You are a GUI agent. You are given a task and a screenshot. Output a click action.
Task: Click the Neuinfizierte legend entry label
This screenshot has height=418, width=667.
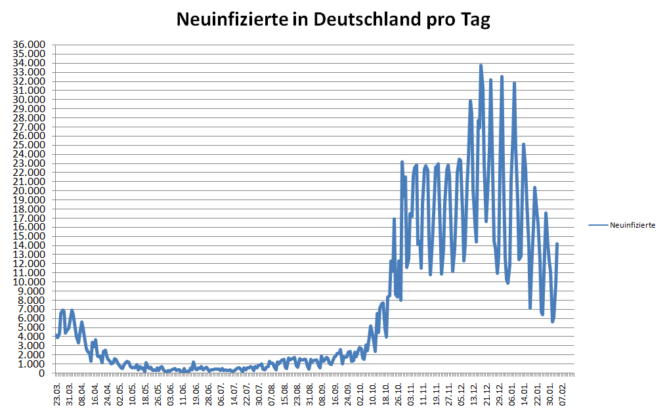tap(632, 225)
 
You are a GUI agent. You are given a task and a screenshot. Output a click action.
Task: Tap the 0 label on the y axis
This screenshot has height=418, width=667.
tap(42, 373)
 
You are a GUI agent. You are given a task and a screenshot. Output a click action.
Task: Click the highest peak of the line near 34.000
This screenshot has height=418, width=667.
tap(481, 66)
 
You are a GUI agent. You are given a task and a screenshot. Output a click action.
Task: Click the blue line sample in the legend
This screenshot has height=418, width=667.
tap(598, 225)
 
